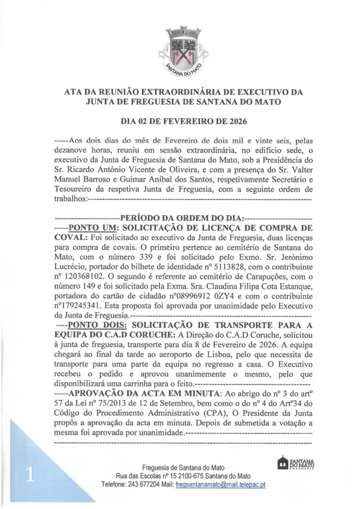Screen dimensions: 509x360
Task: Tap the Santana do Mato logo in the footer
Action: pyautogui.click(x=298, y=463)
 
